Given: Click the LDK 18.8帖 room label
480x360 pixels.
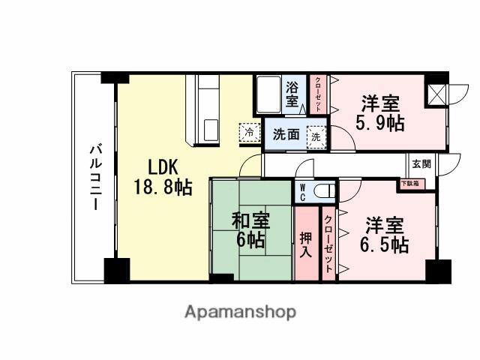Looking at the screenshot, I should click(x=161, y=177).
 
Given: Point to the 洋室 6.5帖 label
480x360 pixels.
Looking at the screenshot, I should click(x=385, y=235).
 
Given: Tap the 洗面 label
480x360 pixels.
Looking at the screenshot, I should click(x=286, y=136).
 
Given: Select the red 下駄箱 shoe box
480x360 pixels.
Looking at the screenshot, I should click(x=409, y=182).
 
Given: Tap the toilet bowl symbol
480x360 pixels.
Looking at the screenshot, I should click(x=323, y=190).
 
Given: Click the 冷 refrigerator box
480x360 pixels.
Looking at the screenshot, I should click(x=248, y=131).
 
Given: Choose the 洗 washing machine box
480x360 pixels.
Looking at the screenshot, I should click(x=316, y=136).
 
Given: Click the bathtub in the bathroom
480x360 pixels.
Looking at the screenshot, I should click(x=268, y=94).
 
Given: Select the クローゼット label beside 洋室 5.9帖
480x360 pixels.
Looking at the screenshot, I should click(x=319, y=94).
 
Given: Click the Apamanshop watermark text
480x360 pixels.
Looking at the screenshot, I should click(x=240, y=311).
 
